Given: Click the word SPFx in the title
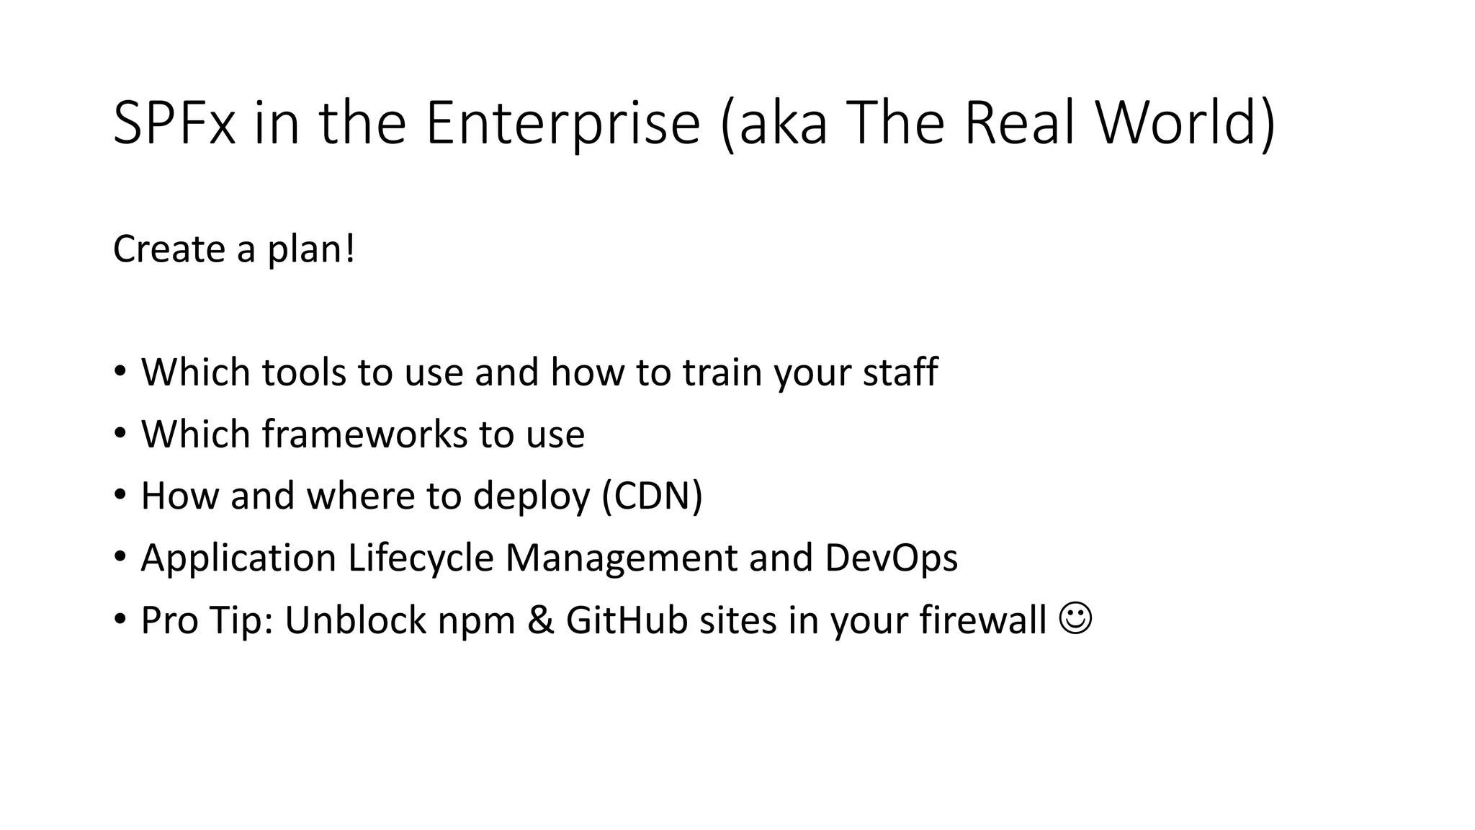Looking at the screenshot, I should click(174, 122).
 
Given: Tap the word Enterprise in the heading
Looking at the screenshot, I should click(562, 122).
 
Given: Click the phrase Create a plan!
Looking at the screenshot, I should click(234, 249).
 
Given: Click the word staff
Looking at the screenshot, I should click(900, 372).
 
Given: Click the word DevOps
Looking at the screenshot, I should click(891, 558).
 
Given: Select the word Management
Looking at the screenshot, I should click(622, 558).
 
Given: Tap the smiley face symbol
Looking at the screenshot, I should click(1076, 618).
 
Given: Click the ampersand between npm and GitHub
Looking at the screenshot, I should click(540, 620).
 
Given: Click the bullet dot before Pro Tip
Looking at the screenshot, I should click(120, 619).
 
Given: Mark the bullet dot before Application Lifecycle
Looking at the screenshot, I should click(120, 557).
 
